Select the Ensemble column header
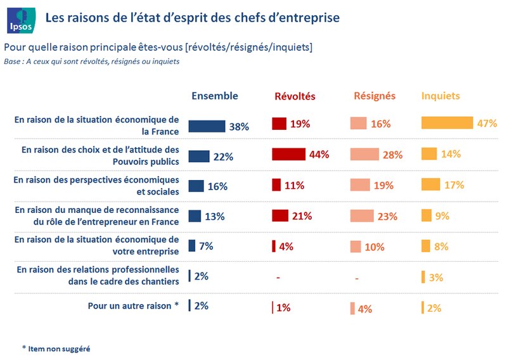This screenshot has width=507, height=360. (x=215, y=96)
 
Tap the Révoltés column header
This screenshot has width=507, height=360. (x=295, y=96)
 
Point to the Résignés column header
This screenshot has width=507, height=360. (x=375, y=96)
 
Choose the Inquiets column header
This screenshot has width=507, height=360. (x=441, y=96)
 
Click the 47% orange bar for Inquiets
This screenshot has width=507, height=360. (x=447, y=123)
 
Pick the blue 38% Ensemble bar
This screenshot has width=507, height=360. (x=207, y=126)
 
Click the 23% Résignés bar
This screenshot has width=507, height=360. (x=363, y=215)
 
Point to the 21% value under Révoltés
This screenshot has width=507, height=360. (x=302, y=216)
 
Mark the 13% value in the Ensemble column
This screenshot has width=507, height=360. (x=215, y=217)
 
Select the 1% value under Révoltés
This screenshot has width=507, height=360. (x=283, y=308)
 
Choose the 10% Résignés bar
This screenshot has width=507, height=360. (x=356, y=247)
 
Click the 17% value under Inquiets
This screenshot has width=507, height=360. (x=454, y=185)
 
